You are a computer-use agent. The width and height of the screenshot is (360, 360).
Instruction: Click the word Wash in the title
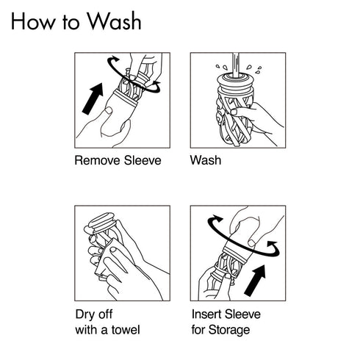point(114,21)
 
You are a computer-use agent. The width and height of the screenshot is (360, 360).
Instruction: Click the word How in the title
point(33,21)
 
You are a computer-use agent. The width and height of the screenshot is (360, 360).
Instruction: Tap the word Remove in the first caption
point(98,160)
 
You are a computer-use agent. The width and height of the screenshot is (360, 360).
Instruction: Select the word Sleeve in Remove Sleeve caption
point(143,160)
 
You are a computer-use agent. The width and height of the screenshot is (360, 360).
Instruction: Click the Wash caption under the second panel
point(206,160)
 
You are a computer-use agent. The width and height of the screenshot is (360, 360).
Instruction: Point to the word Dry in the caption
point(84,314)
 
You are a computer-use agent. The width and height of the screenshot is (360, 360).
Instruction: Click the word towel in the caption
point(126,330)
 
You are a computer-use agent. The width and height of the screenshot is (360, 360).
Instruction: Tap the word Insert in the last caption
point(206,314)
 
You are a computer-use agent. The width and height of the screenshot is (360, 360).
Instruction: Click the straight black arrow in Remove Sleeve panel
point(93,98)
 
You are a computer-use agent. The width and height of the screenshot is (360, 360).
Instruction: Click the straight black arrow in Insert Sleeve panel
point(255,281)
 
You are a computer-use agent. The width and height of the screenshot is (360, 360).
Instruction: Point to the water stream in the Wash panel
point(236,65)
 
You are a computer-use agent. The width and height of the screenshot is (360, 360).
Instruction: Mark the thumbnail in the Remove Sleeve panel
point(108,111)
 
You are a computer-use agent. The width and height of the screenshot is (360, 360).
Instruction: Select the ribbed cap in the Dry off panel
point(101,223)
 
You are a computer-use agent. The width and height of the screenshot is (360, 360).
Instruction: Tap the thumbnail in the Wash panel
point(234,112)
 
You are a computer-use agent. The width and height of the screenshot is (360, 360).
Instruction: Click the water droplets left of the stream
point(221,67)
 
